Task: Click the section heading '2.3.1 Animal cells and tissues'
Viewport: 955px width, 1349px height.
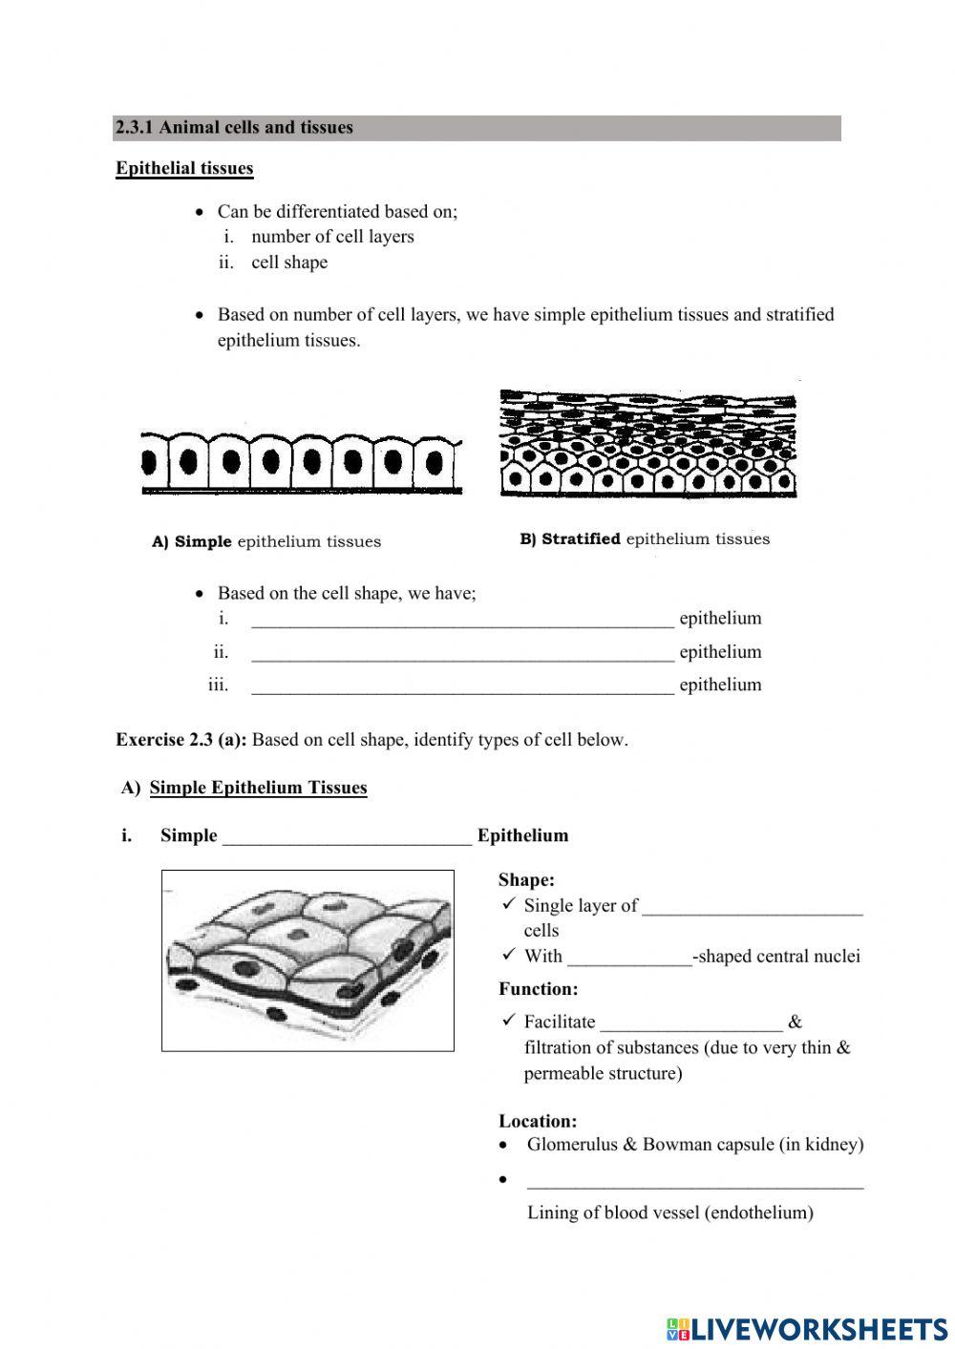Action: click(x=234, y=128)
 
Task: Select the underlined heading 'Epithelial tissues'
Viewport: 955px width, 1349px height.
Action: click(x=184, y=169)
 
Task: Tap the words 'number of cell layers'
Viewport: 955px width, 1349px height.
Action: click(x=332, y=237)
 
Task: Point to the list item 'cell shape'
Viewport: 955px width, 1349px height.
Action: click(x=289, y=263)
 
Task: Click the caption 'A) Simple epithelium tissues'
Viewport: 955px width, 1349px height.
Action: click(x=266, y=542)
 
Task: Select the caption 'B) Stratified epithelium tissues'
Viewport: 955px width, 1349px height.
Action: click(x=645, y=539)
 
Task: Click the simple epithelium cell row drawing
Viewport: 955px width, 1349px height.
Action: click(x=301, y=463)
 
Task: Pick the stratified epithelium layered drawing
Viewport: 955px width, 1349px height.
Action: click(x=647, y=444)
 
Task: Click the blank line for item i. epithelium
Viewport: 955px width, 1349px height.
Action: click(x=462, y=620)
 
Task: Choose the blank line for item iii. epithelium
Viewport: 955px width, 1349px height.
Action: click(x=462, y=686)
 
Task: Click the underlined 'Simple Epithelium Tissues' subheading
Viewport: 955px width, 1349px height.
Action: click(x=258, y=788)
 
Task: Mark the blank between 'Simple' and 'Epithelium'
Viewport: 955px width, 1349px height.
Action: click(x=347, y=837)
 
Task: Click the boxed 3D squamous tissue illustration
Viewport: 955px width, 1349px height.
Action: click(x=308, y=960)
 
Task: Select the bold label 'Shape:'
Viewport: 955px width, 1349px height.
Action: click(x=526, y=880)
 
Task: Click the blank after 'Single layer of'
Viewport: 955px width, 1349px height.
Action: click(x=753, y=907)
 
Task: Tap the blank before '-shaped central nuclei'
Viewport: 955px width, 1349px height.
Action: click(x=629, y=958)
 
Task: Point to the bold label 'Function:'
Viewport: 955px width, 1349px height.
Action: click(x=538, y=989)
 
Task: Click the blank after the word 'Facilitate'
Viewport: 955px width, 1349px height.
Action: click(x=691, y=1023)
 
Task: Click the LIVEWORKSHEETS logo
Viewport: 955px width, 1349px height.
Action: click(x=807, y=1328)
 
